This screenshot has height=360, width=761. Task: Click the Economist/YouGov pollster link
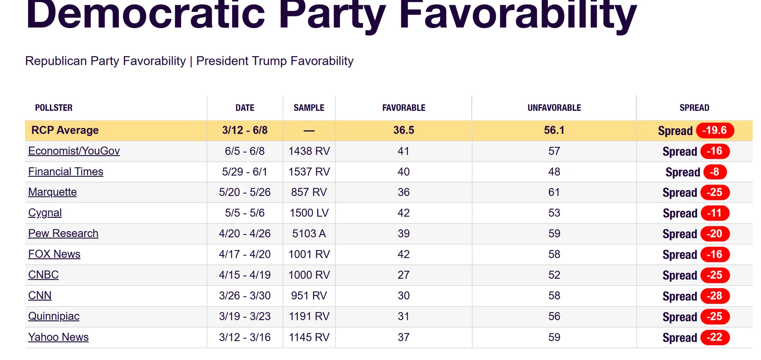(74, 151)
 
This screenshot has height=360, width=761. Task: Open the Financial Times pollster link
(66, 172)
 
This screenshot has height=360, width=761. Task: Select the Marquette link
(52, 192)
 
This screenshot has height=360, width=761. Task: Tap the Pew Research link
(63, 234)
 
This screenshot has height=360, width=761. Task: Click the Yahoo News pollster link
(59, 337)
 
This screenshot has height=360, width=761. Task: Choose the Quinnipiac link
(54, 316)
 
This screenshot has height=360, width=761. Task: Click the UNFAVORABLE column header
(554, 107)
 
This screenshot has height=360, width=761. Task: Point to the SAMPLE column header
(309, 107)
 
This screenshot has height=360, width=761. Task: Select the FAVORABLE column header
(404, 107)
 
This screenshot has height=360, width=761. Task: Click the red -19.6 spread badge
(715, 130)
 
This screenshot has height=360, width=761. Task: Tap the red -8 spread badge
(715, 172)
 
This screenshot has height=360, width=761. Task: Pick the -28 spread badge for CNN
(715, 296)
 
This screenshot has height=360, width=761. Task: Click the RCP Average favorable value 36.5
(404, 130)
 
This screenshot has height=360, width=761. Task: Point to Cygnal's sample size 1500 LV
(309, 213)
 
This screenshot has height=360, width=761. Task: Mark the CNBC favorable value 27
(404, 275)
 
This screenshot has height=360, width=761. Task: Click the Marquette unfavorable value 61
(554, 192)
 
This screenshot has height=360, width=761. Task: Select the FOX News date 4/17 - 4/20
(244, 254)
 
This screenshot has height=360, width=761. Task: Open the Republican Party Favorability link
(105, 61)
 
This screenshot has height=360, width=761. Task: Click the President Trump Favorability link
(275, 61)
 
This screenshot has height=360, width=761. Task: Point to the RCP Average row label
(65, 130)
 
